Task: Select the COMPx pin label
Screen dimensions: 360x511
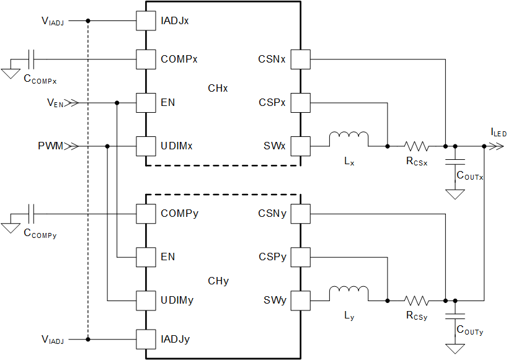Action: pyautogui.click(x=179, y=59)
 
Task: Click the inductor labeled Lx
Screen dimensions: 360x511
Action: pyautogui.click(x=349, y=139)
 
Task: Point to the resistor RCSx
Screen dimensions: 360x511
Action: pyautogui.click(x=416, y=146)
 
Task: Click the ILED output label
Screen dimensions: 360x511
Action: pyautogui.click(x=498, y=132)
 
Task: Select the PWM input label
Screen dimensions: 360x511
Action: pyautogui.click(x=50, y=147)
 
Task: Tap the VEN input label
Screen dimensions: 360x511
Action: pyautogui.click(x=55, y=103)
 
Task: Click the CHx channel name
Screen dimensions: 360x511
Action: pyautogui.click(x=218, y=89)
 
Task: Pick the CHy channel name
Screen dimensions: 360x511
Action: pyautogui.click(x=218, y=281)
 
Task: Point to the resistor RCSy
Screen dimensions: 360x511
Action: pyautogui.click(x=416, y=301)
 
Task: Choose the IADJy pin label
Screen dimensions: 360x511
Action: pyautogui.click(x=175, y=340)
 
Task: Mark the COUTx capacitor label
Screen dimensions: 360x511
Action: pyautogui.click(x=470, y=176)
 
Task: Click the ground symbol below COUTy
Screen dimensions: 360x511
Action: pyautogui.click(x=456, y=348)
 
